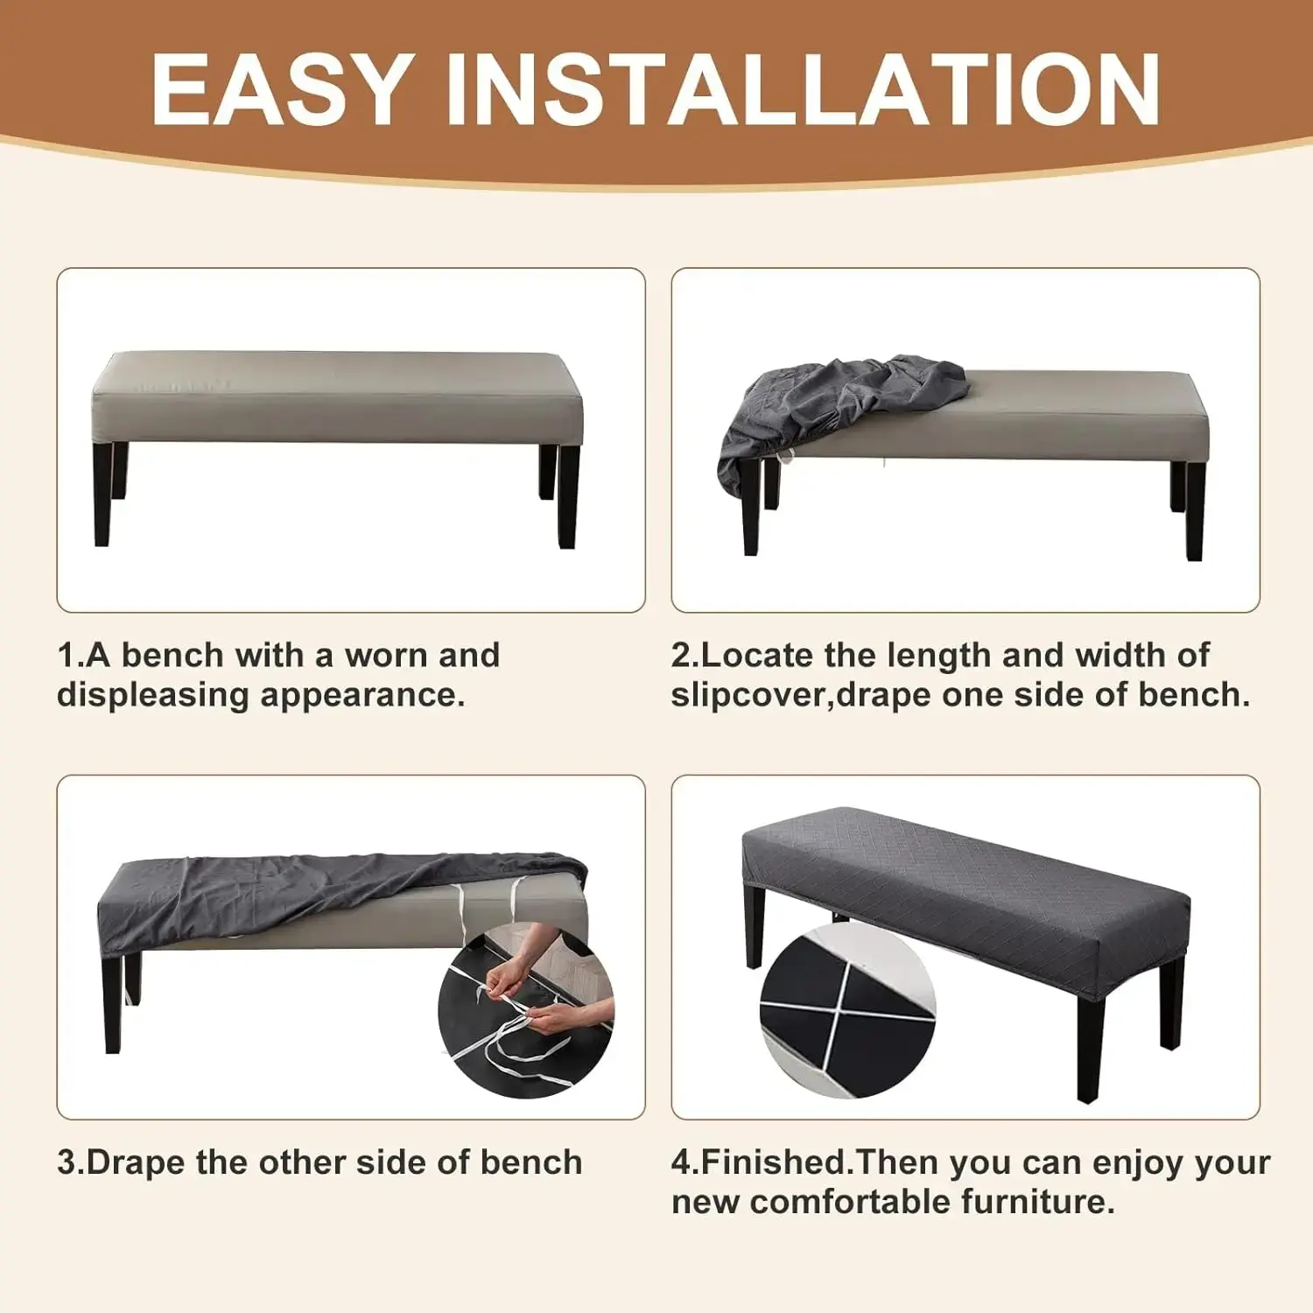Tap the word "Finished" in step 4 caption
click(775, 1162)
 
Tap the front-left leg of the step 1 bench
click(102, 495)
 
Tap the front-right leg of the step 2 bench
click(1195, 511)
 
